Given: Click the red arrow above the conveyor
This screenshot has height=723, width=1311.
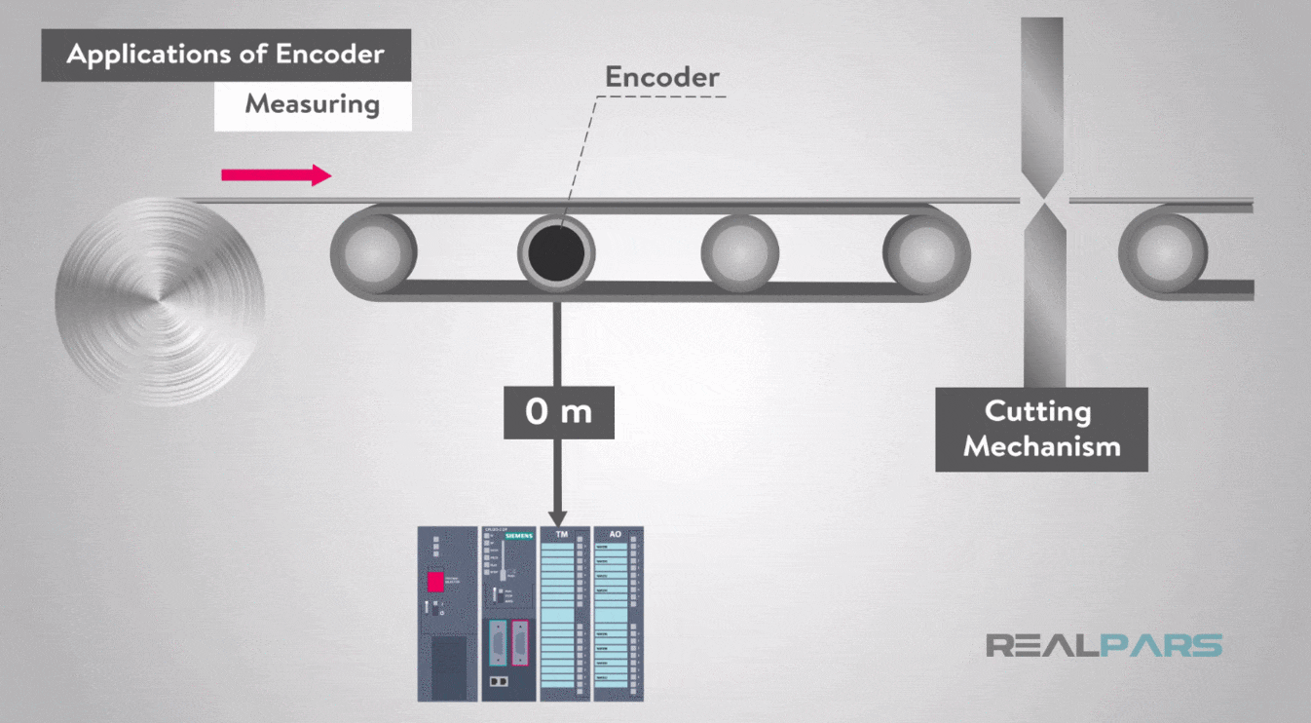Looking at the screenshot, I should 277,175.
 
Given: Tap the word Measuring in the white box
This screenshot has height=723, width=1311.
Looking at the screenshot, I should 312,103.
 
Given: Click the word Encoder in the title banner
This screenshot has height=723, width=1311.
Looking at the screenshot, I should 330,54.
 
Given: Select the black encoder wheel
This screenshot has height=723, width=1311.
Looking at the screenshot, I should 556,251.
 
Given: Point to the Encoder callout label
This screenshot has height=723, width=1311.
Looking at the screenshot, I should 662,77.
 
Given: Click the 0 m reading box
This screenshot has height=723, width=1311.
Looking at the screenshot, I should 559,411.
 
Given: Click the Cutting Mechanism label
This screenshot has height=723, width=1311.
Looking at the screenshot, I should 1041,429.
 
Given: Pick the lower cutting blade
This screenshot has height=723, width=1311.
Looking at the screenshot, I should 1044,292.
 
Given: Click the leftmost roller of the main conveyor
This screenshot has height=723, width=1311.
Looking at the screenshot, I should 373,249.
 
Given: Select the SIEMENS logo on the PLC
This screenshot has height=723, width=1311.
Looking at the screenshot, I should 519,537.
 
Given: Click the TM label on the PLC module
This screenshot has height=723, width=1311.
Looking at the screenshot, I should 562,535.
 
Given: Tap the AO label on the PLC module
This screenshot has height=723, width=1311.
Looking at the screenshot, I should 615,535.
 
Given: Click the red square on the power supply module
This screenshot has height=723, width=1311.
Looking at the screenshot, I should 434,583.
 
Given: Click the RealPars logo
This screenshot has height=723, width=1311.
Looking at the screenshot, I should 1104,645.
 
